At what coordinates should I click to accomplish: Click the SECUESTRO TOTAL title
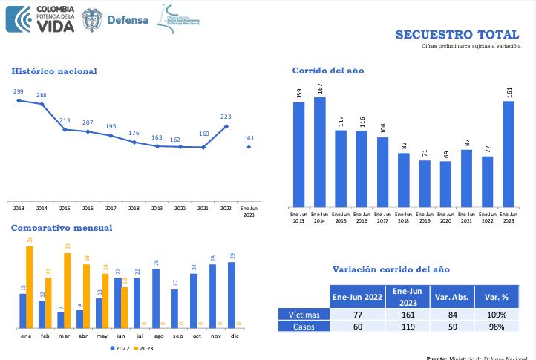(x=457, y=34)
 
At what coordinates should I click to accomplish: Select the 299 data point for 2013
(x=19, y=100)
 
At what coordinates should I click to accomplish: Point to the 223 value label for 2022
(x=226, y=117)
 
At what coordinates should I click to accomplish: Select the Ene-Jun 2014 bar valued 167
(x=320, y=151)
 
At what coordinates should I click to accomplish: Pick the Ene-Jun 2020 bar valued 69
(x=445, y=183)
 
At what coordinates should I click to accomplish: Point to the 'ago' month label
(x=157, y=336)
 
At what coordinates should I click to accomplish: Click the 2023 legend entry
(x=144, y=347)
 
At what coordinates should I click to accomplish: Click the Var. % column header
(x=497, y=297)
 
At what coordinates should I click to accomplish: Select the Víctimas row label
(x=304, y=315)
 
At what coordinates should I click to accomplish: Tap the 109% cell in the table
(x=497, y=315)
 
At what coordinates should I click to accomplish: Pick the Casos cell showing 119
(x=407, y=326)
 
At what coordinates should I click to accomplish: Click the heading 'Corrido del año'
(x=327, y=71)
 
